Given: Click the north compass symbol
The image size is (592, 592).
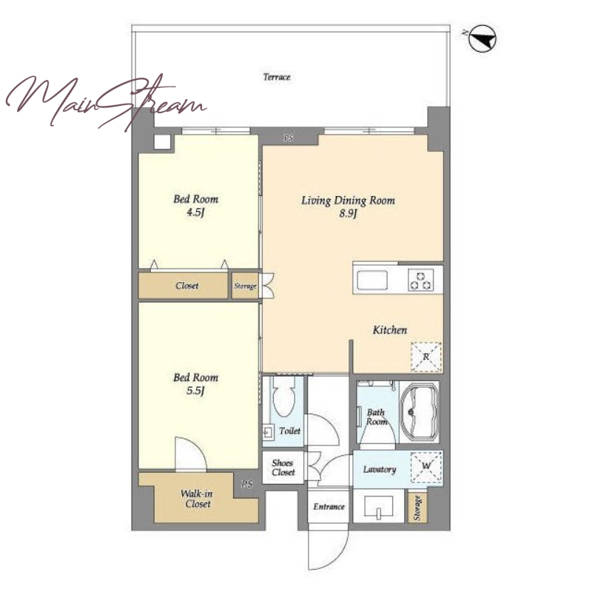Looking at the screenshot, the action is (482, 38).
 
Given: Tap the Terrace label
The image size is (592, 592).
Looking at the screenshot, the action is (277, 77).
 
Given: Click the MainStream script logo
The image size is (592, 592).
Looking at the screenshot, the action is (106, 101).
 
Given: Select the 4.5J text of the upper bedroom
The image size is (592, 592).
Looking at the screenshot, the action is (195, 212).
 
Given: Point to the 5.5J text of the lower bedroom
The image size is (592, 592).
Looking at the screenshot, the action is (195, 391).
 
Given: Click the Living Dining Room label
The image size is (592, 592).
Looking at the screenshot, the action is (348, 200).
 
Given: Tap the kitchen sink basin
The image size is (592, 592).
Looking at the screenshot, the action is (372, 280).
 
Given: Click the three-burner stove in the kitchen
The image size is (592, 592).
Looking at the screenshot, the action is (420, 280).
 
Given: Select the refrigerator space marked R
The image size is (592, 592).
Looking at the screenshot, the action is (426, 357).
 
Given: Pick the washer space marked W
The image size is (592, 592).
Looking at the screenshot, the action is (426, 467).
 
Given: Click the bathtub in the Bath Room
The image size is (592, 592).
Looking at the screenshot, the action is (419, 412).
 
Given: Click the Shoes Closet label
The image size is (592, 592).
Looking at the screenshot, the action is (283, 468).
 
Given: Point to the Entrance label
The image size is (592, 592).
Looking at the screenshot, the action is (329, 507).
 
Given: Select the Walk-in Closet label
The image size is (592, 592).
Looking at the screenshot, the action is (197, 499).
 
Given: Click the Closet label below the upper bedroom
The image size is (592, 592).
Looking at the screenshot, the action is (187, 286).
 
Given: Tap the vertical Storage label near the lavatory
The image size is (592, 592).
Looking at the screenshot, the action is (417, 508).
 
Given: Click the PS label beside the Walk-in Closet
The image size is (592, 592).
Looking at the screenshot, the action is (247, 484).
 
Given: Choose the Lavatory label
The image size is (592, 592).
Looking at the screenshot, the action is (380, 469).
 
